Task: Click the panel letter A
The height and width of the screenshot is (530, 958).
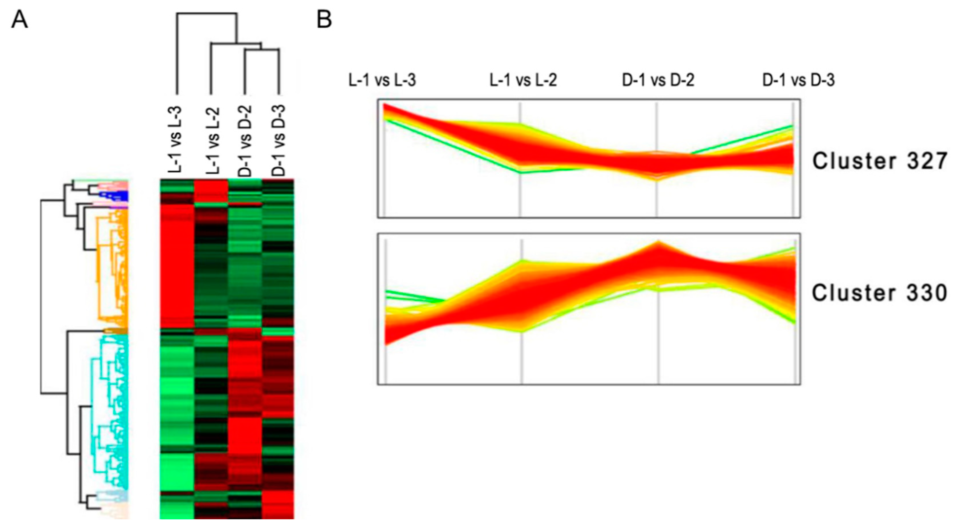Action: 19,19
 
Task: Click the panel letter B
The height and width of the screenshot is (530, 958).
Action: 324,19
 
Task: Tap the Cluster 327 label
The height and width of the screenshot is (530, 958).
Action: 879,161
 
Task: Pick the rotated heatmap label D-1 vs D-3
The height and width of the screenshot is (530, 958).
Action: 278,140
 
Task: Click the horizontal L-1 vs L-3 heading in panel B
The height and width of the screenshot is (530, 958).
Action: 382,80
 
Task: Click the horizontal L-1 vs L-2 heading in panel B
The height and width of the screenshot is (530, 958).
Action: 523,80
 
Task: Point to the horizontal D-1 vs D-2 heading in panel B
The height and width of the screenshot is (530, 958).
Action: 658,80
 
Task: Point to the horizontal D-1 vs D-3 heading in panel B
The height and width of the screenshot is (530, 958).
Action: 799,80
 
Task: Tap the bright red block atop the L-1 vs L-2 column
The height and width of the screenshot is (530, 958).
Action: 211,191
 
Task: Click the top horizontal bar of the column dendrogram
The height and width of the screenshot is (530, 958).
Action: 206,14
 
